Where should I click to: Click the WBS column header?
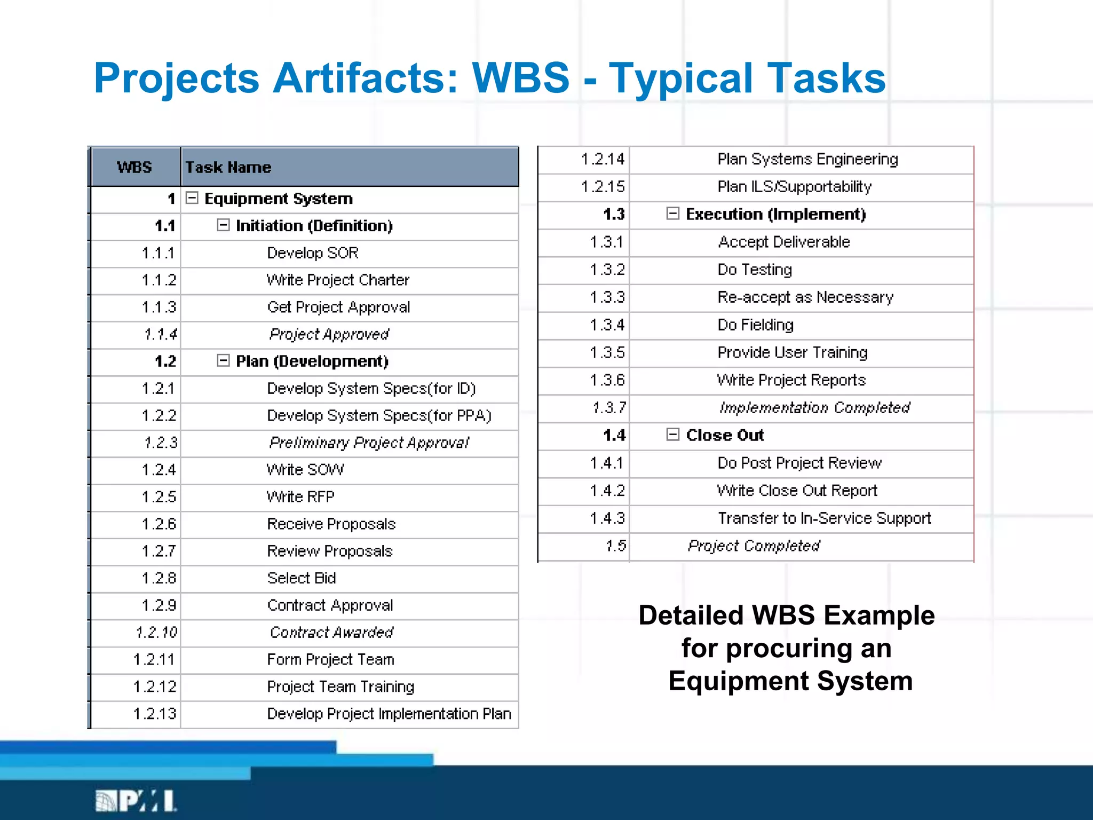[x=134, y=167]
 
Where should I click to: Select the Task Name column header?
[x=228, y=167]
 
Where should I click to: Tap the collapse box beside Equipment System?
[x=192, y=198]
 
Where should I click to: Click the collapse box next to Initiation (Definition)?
[x=223, y=225]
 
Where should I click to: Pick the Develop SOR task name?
[x=313, y=253]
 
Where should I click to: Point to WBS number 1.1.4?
[x=160, y=334]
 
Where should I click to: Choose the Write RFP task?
[x=300, y=496]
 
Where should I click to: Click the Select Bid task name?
[x=302, y=578]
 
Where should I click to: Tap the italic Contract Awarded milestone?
[x=331, y=632]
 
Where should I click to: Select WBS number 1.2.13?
[x=155, y=713]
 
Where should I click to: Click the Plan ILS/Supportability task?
[x=794, y=186]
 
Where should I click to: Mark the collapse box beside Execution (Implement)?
[x=672, y=214]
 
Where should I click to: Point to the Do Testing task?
[x=755, y=270]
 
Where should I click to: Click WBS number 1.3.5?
[x=607, y=352]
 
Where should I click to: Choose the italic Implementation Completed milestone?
[x=814, y=407]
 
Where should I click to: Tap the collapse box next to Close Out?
[x=672, y=435]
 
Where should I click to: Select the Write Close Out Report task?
[x=797, y=490]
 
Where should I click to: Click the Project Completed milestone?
[x=754, y=546]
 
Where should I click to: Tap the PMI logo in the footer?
[x=136, y=801]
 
